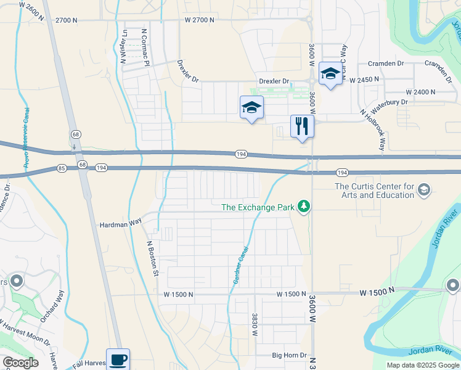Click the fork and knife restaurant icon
pos(302,126)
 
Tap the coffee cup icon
pos(118,359)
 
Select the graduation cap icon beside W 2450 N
pos(330,75)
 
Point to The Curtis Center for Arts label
pos(374,191)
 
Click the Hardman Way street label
pos(121,225)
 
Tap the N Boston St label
pos(153,258)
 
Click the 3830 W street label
pos(254,324)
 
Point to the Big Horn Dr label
pos(290,355)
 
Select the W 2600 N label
pos(32,10)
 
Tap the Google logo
pos(20,363)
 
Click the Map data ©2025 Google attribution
pos(422,365)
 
